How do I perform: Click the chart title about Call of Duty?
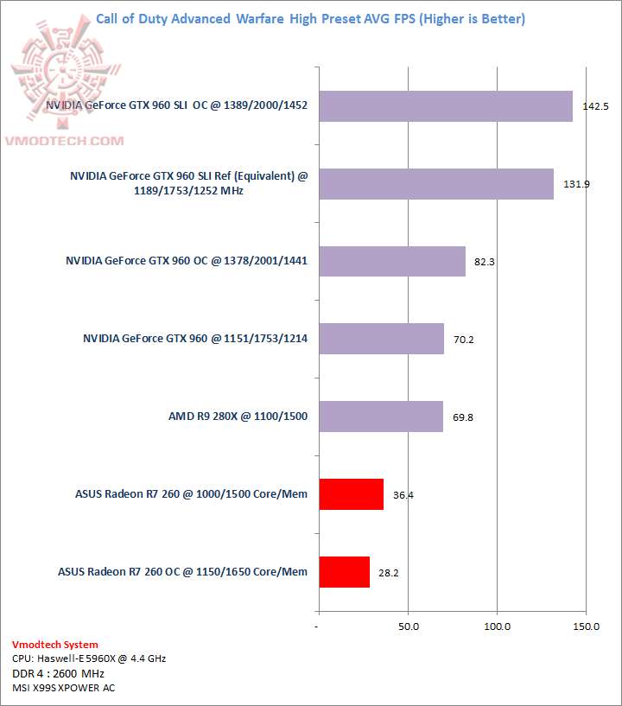[310, 18]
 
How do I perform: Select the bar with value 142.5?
[445, 106]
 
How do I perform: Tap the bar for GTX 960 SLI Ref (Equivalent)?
[435, 183]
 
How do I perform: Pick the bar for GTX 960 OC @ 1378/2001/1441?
[391, 261]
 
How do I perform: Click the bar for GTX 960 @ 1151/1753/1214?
[381, 339]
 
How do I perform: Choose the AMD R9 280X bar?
[380, 417]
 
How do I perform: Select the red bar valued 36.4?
[351, 493]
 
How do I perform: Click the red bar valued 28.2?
[344, 571]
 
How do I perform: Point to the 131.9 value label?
[576, 184]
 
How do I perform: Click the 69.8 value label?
[463, 417]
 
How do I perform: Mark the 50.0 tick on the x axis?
[409, 626]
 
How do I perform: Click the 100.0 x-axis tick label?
[498, 626]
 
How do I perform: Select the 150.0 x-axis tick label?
[587, 626]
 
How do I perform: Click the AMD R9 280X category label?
[238, 417]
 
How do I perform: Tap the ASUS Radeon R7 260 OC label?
[182, 571]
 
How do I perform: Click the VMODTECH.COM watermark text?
[67, 140]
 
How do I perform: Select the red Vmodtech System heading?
[55, 645]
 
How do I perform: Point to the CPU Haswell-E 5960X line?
[89, 658]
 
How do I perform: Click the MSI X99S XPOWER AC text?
[63, 688]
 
